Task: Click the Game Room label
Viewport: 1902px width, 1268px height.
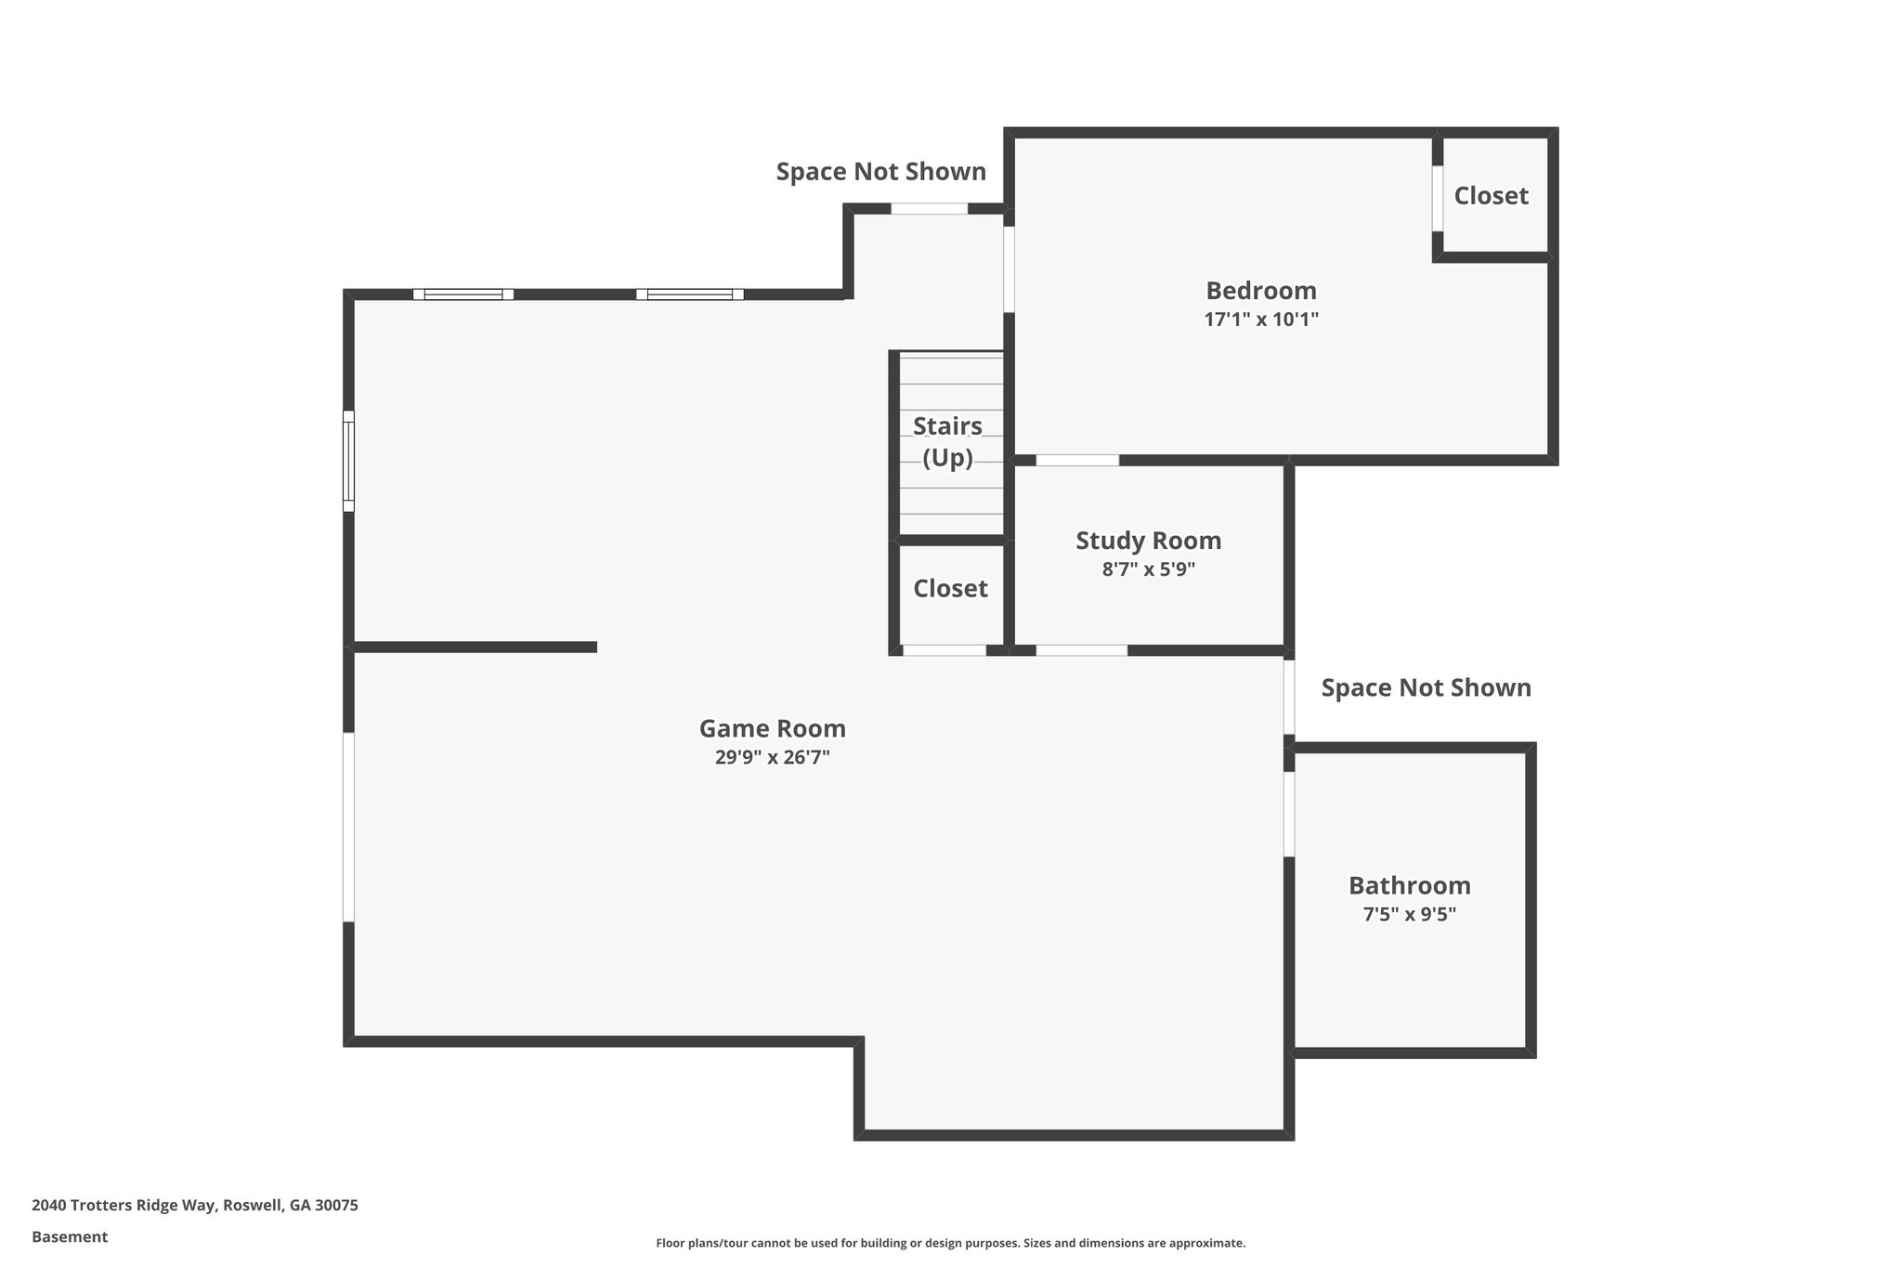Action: pyautogui.click(x=772, y=728)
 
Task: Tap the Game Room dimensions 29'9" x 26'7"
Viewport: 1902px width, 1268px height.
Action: pyautogui.click(x=772, y=757)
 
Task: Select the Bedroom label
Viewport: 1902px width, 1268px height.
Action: pyautogui.click(x=1260, y=291)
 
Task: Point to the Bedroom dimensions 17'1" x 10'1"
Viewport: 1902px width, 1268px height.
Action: pyautogui.click(x=1260, y=320)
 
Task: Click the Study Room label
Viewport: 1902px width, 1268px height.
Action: pyautogui.click(x=1148, y=541)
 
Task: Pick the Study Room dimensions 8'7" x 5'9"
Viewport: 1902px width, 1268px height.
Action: pyautogui.click(x=1148, y=569)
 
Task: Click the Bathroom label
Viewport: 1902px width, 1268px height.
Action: pyautogui.click(x=1409, y=885)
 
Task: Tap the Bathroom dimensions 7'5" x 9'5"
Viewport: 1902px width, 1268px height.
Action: pyautogui.click(x=1409, y=914)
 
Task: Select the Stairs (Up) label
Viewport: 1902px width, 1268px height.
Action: pyautogui.click(x=947, y=441)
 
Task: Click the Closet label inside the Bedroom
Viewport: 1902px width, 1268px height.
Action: pyautogui.click(x=1491, y=196)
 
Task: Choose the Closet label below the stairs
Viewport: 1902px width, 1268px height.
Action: pyautogui.click(x=950, y=589)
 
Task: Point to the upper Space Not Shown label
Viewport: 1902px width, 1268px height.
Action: pyautogui.click(x=880, y=172)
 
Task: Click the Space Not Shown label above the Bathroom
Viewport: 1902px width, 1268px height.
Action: pyautogui.click(x=1426, y=688)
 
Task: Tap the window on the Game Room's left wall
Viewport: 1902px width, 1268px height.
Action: pyautogui.click(x=348, y=461)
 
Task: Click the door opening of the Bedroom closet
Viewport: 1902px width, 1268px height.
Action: pyautogui.click(x=1437, y=198)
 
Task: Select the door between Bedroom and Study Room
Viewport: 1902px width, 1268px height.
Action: pyautogui.click(x=1077, y=460)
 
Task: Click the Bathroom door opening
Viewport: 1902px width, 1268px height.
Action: pyautogui.click(x=1289, y=814)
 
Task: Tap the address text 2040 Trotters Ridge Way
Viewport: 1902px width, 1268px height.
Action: pyautogui.click(x=194, y=1206)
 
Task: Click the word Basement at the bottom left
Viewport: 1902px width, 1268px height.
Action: pyautogui.click(x=70, y=1237)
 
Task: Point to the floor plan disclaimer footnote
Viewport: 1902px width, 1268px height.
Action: pyautogui.click(x=950, y=1243)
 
